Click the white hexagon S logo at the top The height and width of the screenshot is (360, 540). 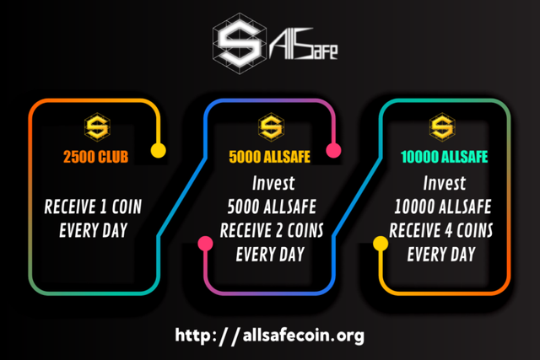(x=240, y=43)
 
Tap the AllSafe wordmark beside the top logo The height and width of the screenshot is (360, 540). (x=304, y=44)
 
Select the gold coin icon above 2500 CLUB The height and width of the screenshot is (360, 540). (x=98, y=127)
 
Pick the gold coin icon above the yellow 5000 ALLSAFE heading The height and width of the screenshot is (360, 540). (x=272, y=127)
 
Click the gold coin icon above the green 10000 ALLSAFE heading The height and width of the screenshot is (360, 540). (x=442, y=127)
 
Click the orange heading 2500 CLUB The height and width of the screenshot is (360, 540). (x=95, y=157)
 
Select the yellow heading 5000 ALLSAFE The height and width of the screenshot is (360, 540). (x=270, y=157)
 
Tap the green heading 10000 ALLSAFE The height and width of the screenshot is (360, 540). (x=445, y=157)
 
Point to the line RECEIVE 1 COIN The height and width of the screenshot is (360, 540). (x=93, y=207)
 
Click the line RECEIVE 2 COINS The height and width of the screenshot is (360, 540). (x=272, y=231)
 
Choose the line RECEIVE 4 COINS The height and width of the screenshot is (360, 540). (x=441, y=231)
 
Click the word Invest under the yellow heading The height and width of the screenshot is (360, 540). (x=273, y=183)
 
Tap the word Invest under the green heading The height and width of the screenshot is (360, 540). (x=445, y=183)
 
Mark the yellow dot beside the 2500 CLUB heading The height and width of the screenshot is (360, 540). (x=159, y=150)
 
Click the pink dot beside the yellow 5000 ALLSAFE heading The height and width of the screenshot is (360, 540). (x=334, y=150)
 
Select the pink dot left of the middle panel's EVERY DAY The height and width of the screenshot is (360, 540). (x=205, y=244)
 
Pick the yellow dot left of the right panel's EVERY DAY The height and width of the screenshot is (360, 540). (x=381, y=244)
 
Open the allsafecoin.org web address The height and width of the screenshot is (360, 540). (x=270, y=336)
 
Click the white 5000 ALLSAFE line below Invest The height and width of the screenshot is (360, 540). (x=272, y=207)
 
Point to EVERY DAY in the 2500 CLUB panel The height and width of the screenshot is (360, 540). (x=94, y=231)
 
